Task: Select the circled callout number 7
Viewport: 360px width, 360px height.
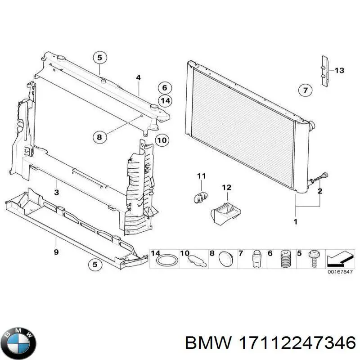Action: point(305,90)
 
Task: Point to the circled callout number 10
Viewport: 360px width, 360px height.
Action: point(162,140)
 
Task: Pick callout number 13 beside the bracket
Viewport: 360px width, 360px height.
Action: point(339,71)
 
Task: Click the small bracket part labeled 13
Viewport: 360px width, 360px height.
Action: point(324,71)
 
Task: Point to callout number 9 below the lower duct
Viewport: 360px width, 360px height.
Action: point(56,252)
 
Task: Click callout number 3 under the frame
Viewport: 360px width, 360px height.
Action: point(56,193)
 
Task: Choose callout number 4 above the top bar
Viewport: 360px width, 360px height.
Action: point(138,78)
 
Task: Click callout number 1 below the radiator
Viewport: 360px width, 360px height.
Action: point(295,221)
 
